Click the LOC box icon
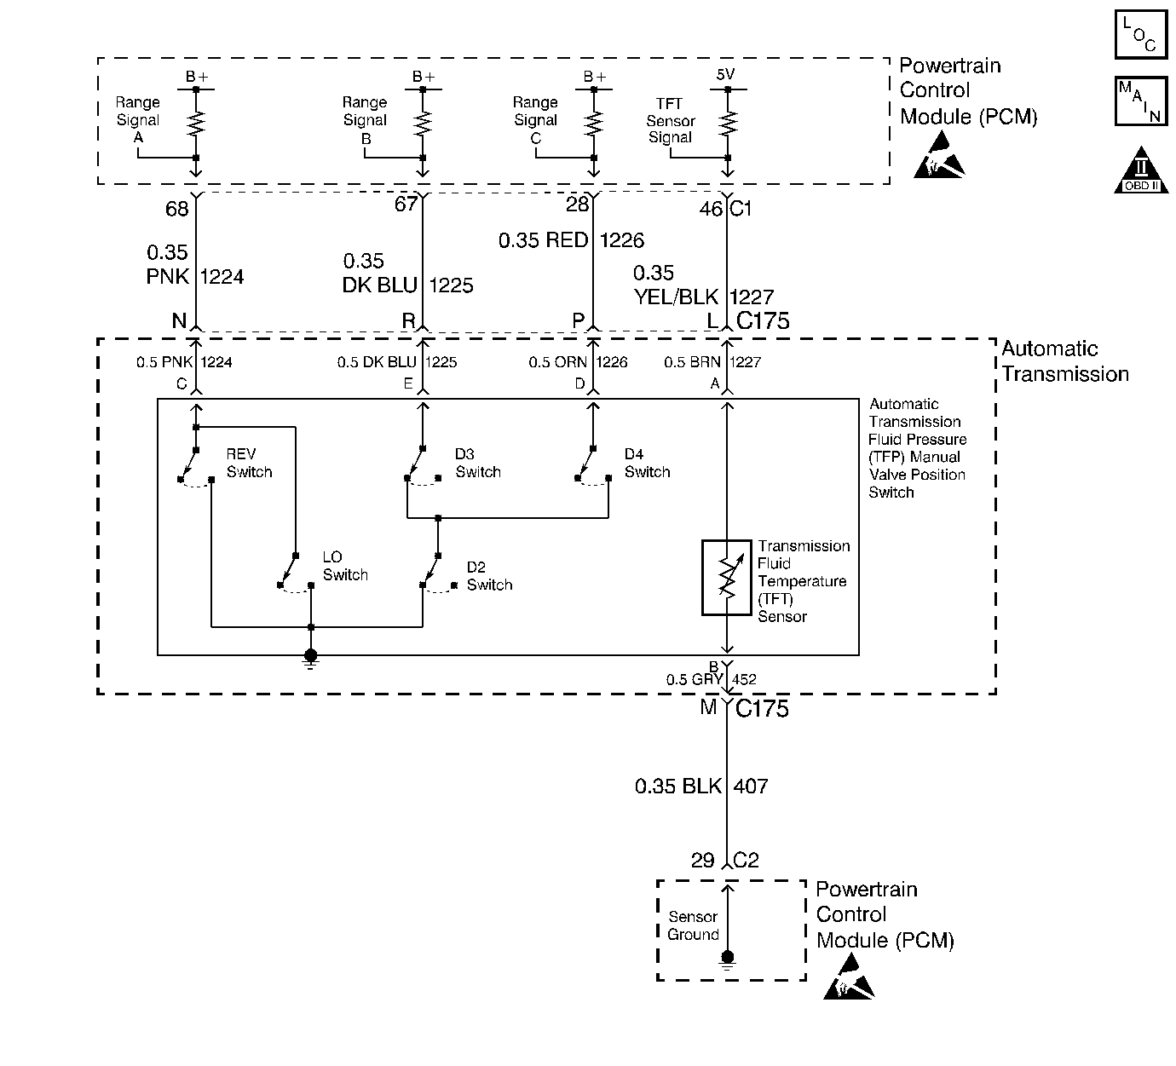click(1140, 34)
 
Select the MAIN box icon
click(1140, 101)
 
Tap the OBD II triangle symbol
click(1141, 173)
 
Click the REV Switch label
click(249, 463)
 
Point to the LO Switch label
click(344, 566)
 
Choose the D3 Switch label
click(477, 463)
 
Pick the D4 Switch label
click(647, 463)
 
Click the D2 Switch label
click(489, 576)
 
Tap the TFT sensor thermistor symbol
click(726, 577)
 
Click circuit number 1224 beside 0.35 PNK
click(222, 276)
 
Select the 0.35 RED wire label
click(543, 240)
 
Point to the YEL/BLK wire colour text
click(676, 297)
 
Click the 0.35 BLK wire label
click(677, 786)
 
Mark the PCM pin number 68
click(176, 208)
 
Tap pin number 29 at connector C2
click(702, 860)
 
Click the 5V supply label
click(725, 75)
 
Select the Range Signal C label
click(535, 120)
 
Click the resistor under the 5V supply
click(727, 124)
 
